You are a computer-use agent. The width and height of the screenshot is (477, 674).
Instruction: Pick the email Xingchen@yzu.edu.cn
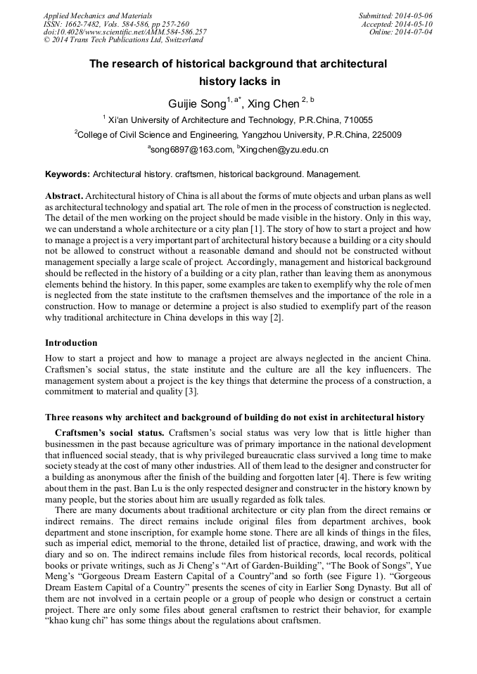(x=284, y=150)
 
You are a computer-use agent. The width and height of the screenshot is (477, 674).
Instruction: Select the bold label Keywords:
(x=68, y=174)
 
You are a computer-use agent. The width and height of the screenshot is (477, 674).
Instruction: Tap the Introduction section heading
(x=71, y=343)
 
